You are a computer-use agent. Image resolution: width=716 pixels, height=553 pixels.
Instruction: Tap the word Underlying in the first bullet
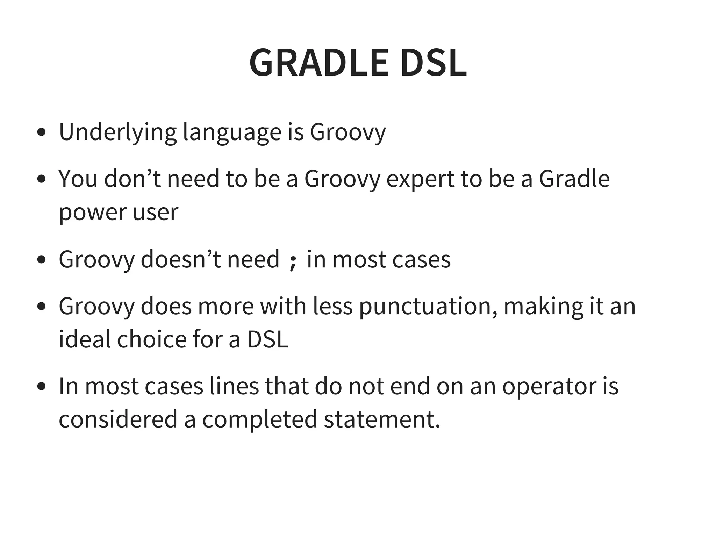[x=118, y=132]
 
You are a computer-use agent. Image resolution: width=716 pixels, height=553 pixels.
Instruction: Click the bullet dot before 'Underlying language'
[x=42, y=133]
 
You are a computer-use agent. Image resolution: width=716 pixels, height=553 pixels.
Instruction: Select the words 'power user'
[x=119, y=212]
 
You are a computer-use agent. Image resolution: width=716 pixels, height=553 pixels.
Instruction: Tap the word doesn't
[x=181, y=259]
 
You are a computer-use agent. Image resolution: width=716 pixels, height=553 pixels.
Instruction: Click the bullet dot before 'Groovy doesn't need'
[x=42, y=260]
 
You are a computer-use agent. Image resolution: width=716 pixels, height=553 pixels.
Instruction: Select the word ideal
[x=84, y=339]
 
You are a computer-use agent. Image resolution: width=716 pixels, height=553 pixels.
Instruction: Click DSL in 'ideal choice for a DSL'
[x=268, y=339]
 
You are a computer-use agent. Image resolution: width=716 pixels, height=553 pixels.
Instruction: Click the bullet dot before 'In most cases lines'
[x=42, y=387]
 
